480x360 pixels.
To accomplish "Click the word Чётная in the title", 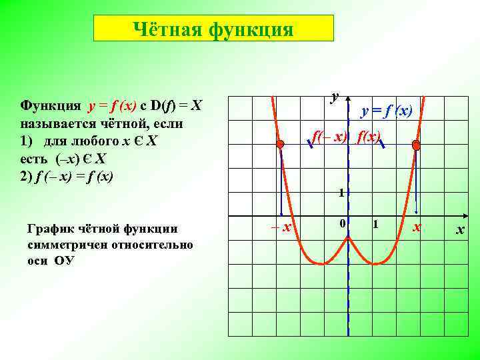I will coord(167,29).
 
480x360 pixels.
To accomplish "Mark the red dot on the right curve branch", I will coord(416,145).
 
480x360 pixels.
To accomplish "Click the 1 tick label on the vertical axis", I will coord(340,193).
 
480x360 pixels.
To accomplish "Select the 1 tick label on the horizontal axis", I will coord(376,225).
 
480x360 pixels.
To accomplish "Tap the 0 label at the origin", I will coord(341,225).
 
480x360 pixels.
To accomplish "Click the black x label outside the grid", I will coord(459,230).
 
